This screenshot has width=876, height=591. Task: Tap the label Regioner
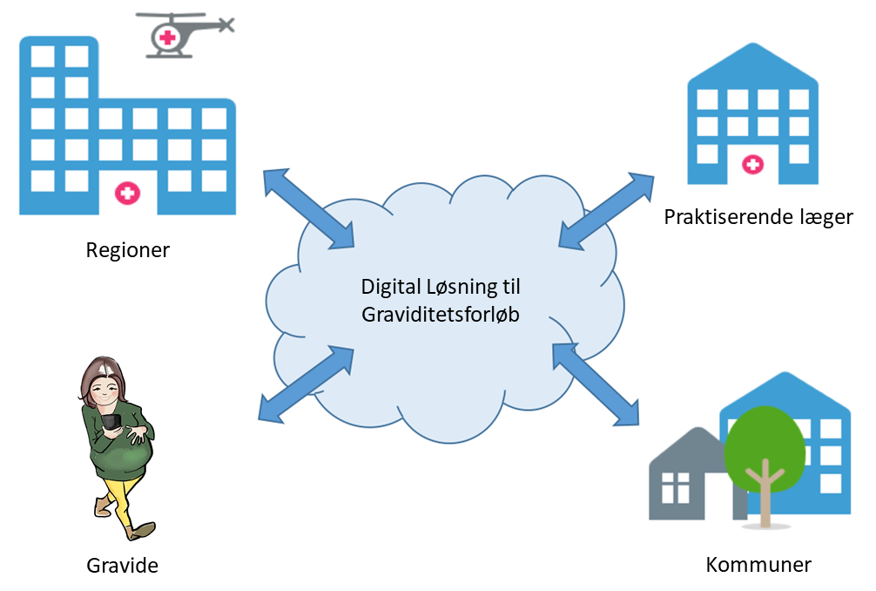[128, 251]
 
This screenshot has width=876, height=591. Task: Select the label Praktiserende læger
[758, 217]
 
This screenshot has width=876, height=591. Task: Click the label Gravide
[123, 565]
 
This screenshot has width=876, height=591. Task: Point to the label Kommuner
[758, 565]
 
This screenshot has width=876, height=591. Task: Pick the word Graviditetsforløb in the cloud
[441, 316]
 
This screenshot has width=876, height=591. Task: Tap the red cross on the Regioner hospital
[128, 194]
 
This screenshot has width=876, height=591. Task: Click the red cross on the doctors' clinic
[752, 164]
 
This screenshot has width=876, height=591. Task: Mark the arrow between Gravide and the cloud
[306, 384]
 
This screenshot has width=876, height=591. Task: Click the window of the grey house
[675, 488]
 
